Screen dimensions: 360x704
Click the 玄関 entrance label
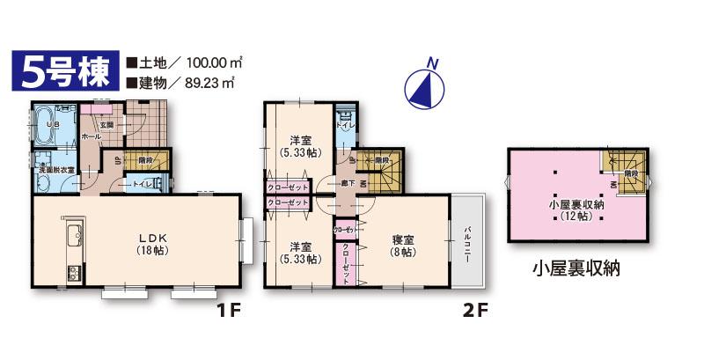tap(106, 124)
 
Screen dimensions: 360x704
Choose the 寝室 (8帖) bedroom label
tap(404, 244)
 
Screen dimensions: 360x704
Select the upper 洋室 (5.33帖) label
tap(299, 145)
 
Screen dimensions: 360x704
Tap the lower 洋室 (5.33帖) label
tap(299, 252)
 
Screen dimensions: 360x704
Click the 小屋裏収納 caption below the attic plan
tap(576, 268)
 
